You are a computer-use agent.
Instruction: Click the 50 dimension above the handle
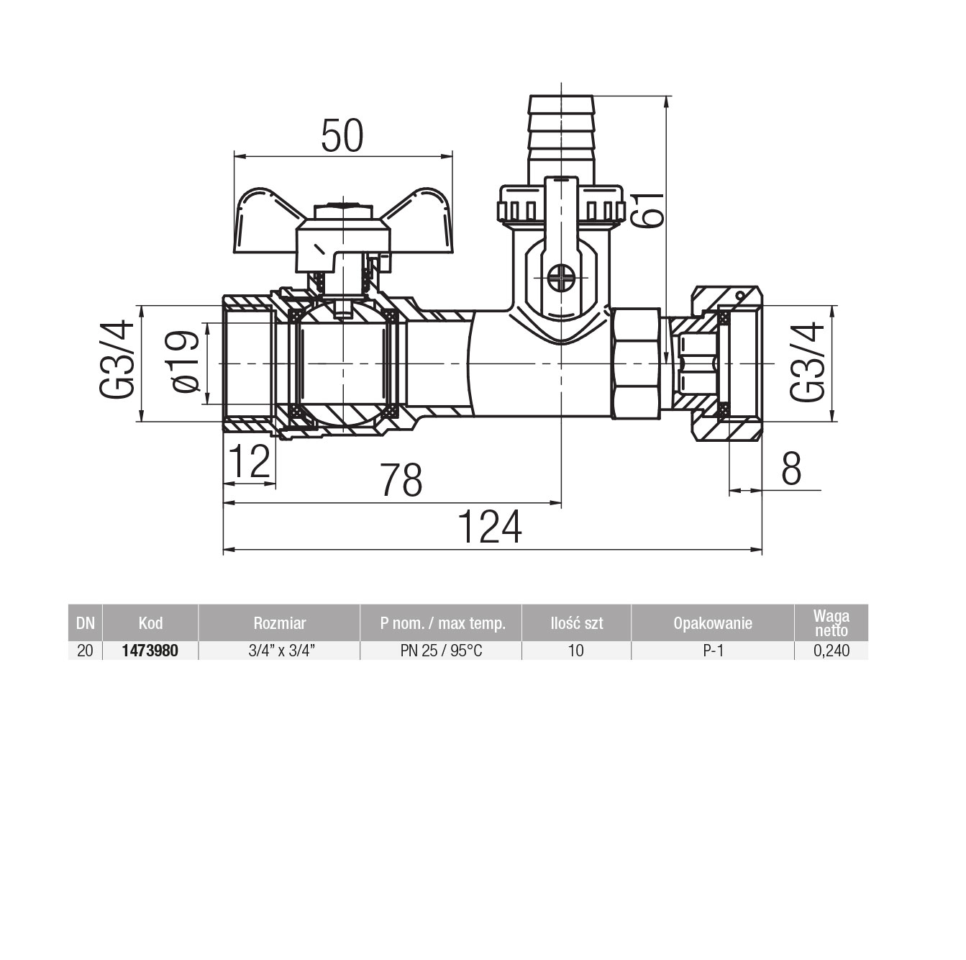342,136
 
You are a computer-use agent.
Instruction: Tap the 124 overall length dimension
490,527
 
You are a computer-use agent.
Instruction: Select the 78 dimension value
401,480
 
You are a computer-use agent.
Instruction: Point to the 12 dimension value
249,462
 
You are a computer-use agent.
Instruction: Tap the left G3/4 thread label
117,359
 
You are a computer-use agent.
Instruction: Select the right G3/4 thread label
807,361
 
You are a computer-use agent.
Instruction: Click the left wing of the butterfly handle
264,221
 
